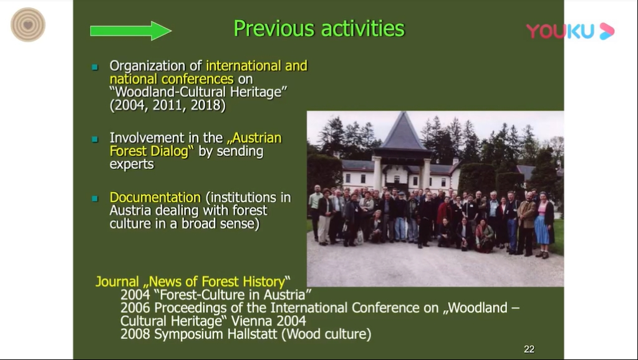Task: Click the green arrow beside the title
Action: [x=130, y=31]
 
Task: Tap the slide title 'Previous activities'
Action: [x=319, y=29]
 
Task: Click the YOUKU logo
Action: [x=570, y=31]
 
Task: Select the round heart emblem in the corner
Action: [x=27, y=25]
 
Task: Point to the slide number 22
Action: [x=529, y=349]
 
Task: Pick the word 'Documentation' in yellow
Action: [x=155, y=198]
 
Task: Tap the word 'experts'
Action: [x=132, y=164]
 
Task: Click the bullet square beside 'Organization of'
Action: [x=95, y=67]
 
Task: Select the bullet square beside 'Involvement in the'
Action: [x=95, y=139]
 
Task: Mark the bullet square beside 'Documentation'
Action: [x=95, y=199]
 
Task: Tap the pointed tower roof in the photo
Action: [x=403, y=130]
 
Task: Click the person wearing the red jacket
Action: [x=444, y=214]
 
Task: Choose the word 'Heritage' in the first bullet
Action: [x=258, y=92]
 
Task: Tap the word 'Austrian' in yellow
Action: [x=254, y=138]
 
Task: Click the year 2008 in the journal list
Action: [x=135, y=334]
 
